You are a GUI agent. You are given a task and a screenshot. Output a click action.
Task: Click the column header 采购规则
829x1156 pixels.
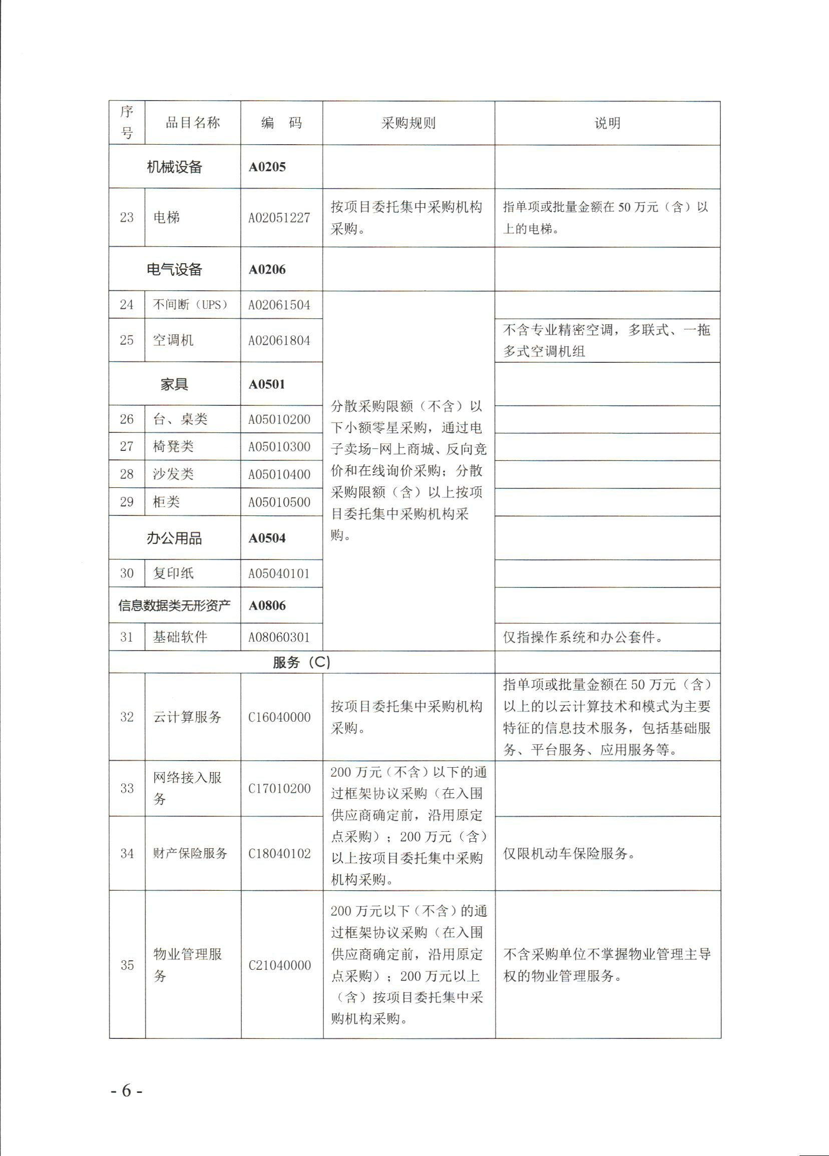coord(408,123)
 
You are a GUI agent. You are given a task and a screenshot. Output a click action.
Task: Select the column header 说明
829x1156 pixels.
coord(607,123)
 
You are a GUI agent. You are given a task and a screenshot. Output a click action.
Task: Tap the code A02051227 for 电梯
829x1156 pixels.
coord(279,218)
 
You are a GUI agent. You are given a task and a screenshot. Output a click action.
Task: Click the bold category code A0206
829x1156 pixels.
coord(267,270)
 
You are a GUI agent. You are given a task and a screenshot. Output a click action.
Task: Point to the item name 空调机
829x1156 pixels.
coord(173,340)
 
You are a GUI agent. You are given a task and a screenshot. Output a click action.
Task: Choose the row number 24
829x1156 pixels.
coord(127,305)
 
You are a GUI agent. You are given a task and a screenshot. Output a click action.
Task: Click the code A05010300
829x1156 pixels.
coord(279,446)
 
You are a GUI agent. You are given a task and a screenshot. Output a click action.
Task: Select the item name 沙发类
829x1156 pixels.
coord(173,474)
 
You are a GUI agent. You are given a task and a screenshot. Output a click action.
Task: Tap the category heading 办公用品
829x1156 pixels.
coord(174,538)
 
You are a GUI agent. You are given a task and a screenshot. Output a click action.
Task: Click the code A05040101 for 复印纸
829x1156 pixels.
coord(279,573)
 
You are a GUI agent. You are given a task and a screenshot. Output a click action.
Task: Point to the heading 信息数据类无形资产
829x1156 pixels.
coord(174,605)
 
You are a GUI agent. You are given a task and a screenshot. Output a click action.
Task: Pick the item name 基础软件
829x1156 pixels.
coord(180,637)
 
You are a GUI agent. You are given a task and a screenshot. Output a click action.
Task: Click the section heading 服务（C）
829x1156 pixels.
coord(301,662)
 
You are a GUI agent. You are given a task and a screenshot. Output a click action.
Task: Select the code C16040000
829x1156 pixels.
coord(279,717)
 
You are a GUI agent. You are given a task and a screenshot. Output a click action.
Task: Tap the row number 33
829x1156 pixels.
coord(127,788)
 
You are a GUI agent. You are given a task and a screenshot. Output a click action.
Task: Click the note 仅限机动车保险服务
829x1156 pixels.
coord(569,853)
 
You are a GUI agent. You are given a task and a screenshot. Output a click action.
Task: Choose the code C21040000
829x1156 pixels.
coord(279,965)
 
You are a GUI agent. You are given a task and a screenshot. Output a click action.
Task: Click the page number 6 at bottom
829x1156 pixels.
coord(127,1090)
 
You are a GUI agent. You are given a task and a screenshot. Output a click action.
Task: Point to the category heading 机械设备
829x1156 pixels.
coord(174,167)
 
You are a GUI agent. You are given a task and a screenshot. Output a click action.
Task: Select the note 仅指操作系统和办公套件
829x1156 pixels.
coord(583,637)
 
